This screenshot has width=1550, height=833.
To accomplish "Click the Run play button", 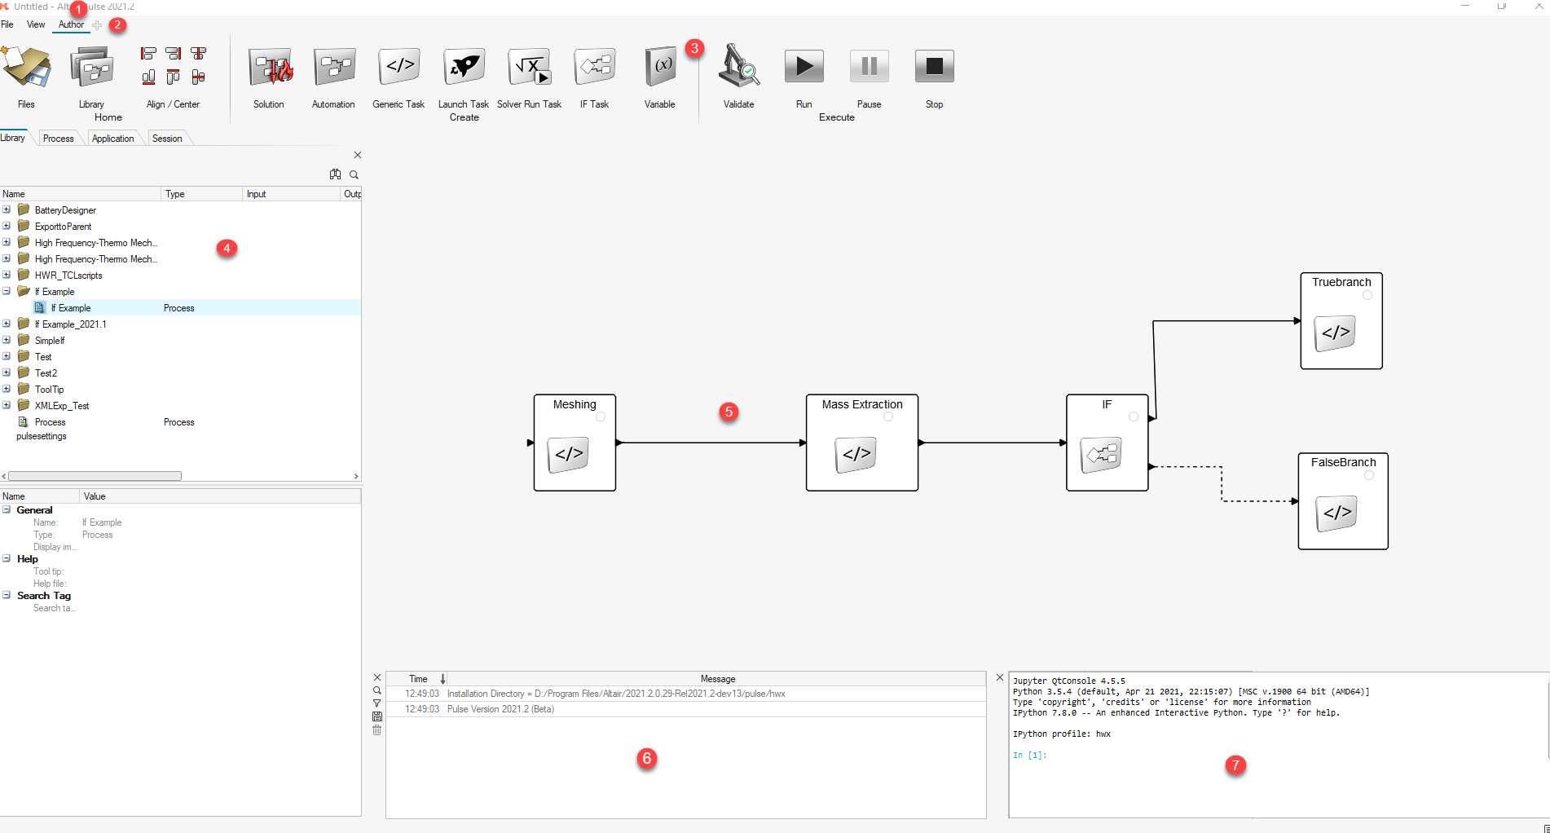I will pyautogui.click(x=804, y=67).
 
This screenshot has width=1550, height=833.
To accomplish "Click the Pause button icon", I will pyautogui.click(x=869, y=67).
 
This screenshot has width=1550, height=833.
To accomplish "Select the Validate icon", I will pyautogui.click(x=738, y=67).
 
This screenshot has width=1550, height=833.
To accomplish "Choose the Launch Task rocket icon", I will pyautogui.click(x=464, y=67).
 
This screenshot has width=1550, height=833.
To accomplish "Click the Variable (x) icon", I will pyautogui.click(x=660, y=67).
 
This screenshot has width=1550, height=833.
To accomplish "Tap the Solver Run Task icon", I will pyautogui.click(x=530, y=67).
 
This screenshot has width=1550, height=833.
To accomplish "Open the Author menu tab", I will pyautogui.click(x=71, y=24).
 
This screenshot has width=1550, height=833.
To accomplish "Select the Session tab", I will pyautogui.click(x=167, y=139).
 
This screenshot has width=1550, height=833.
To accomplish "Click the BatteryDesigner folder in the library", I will pyautogui.click(x=65, y=210).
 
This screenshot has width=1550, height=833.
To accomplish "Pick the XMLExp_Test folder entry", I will pyautogui.click(x=62, y=406).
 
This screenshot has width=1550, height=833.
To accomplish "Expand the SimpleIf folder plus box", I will pyautogui.click(x=7, y=340).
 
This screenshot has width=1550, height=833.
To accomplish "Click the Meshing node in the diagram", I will pyautogui.click(x=575, y=443).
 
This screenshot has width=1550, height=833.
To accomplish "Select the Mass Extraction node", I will pyautogui.click(x=861, y=443).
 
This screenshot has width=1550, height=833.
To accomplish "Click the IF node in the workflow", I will pyautogui.click(x=1107, y=443).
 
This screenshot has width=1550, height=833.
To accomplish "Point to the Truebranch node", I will pyautogui.click(x=1341, y=321).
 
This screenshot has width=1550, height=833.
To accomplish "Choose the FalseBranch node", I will pyautogui.click(x=1342, y=501).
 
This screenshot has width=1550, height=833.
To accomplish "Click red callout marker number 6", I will pyautogui.click(x=647, y=759).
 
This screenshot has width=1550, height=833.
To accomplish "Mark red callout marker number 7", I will pyautogui.click(x=1235, y=765).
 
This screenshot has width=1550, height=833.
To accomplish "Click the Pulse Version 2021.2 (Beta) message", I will pyautogui.click(x=500, y=709).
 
